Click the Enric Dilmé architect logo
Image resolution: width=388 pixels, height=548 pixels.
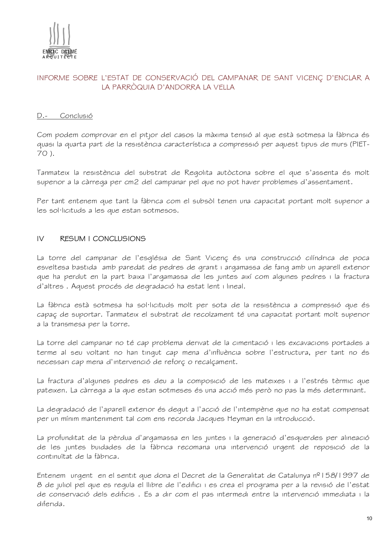point(59,41)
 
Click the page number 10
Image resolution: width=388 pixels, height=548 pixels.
point(369,519)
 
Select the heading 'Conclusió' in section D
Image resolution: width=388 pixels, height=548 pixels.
point(76,116)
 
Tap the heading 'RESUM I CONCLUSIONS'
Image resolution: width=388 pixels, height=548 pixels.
point(103,239)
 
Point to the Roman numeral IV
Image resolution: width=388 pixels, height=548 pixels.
point(40,239)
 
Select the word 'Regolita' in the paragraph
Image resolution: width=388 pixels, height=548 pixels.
point(199,173)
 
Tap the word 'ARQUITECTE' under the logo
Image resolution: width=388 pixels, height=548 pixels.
point(60,57)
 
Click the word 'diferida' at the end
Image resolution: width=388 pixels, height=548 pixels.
point(50,504)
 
